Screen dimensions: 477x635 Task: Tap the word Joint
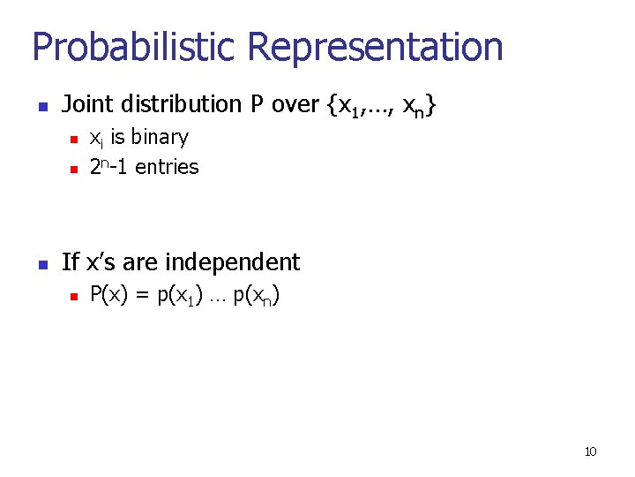click(x=86, y=105)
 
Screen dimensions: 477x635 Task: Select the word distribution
click(x=181, y=105)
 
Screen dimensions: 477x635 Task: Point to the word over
click(x=295, y=105)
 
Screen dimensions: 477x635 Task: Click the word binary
click(x=160, y=138)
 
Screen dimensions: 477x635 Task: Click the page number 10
click(x=590, y=452)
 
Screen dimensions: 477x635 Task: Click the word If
click(x=71, y=262)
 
